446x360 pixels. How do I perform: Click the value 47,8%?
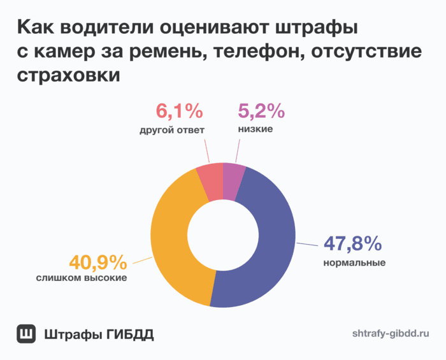(x=352, y=244)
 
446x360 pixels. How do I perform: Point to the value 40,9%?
(x=98, y=261)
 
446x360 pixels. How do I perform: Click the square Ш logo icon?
(x=26, y=333)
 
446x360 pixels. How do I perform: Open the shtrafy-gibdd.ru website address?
(x=391, y=334)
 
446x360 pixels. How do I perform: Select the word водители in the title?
(x=112, y=29)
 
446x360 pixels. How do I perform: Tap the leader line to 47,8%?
(x=307, y=243)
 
